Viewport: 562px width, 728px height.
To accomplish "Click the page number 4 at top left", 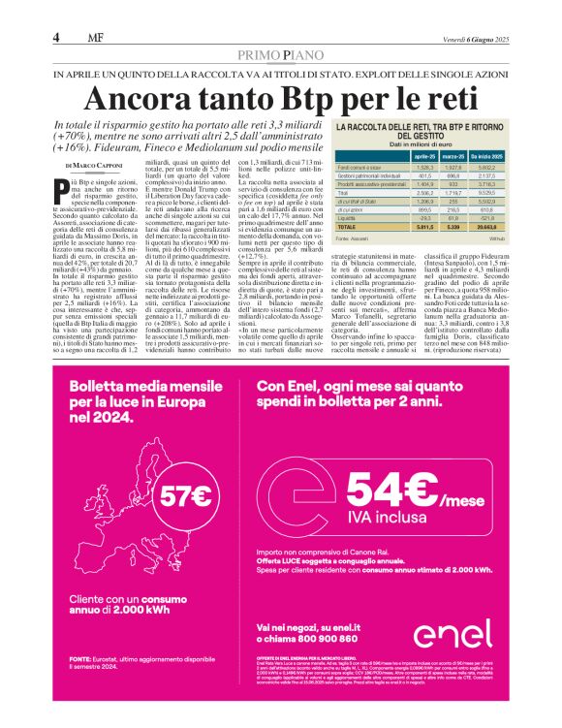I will [x=57, y=38].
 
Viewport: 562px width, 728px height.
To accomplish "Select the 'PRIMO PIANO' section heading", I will [x=279, y=55].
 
